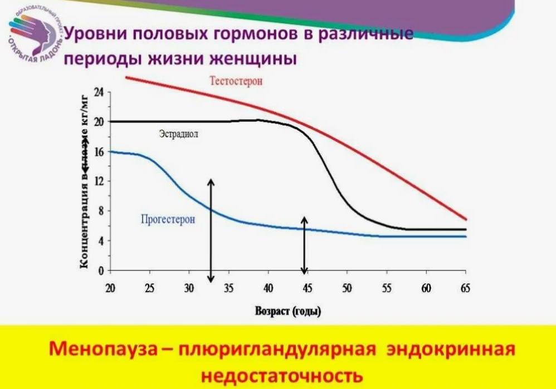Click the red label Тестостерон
[236, 81]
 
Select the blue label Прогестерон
[168, 219]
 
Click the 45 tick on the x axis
[308, 288]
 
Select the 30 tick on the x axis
[189, 288]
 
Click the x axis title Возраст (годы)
[287, 311]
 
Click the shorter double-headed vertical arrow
[304, 245]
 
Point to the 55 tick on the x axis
[387, 288]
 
